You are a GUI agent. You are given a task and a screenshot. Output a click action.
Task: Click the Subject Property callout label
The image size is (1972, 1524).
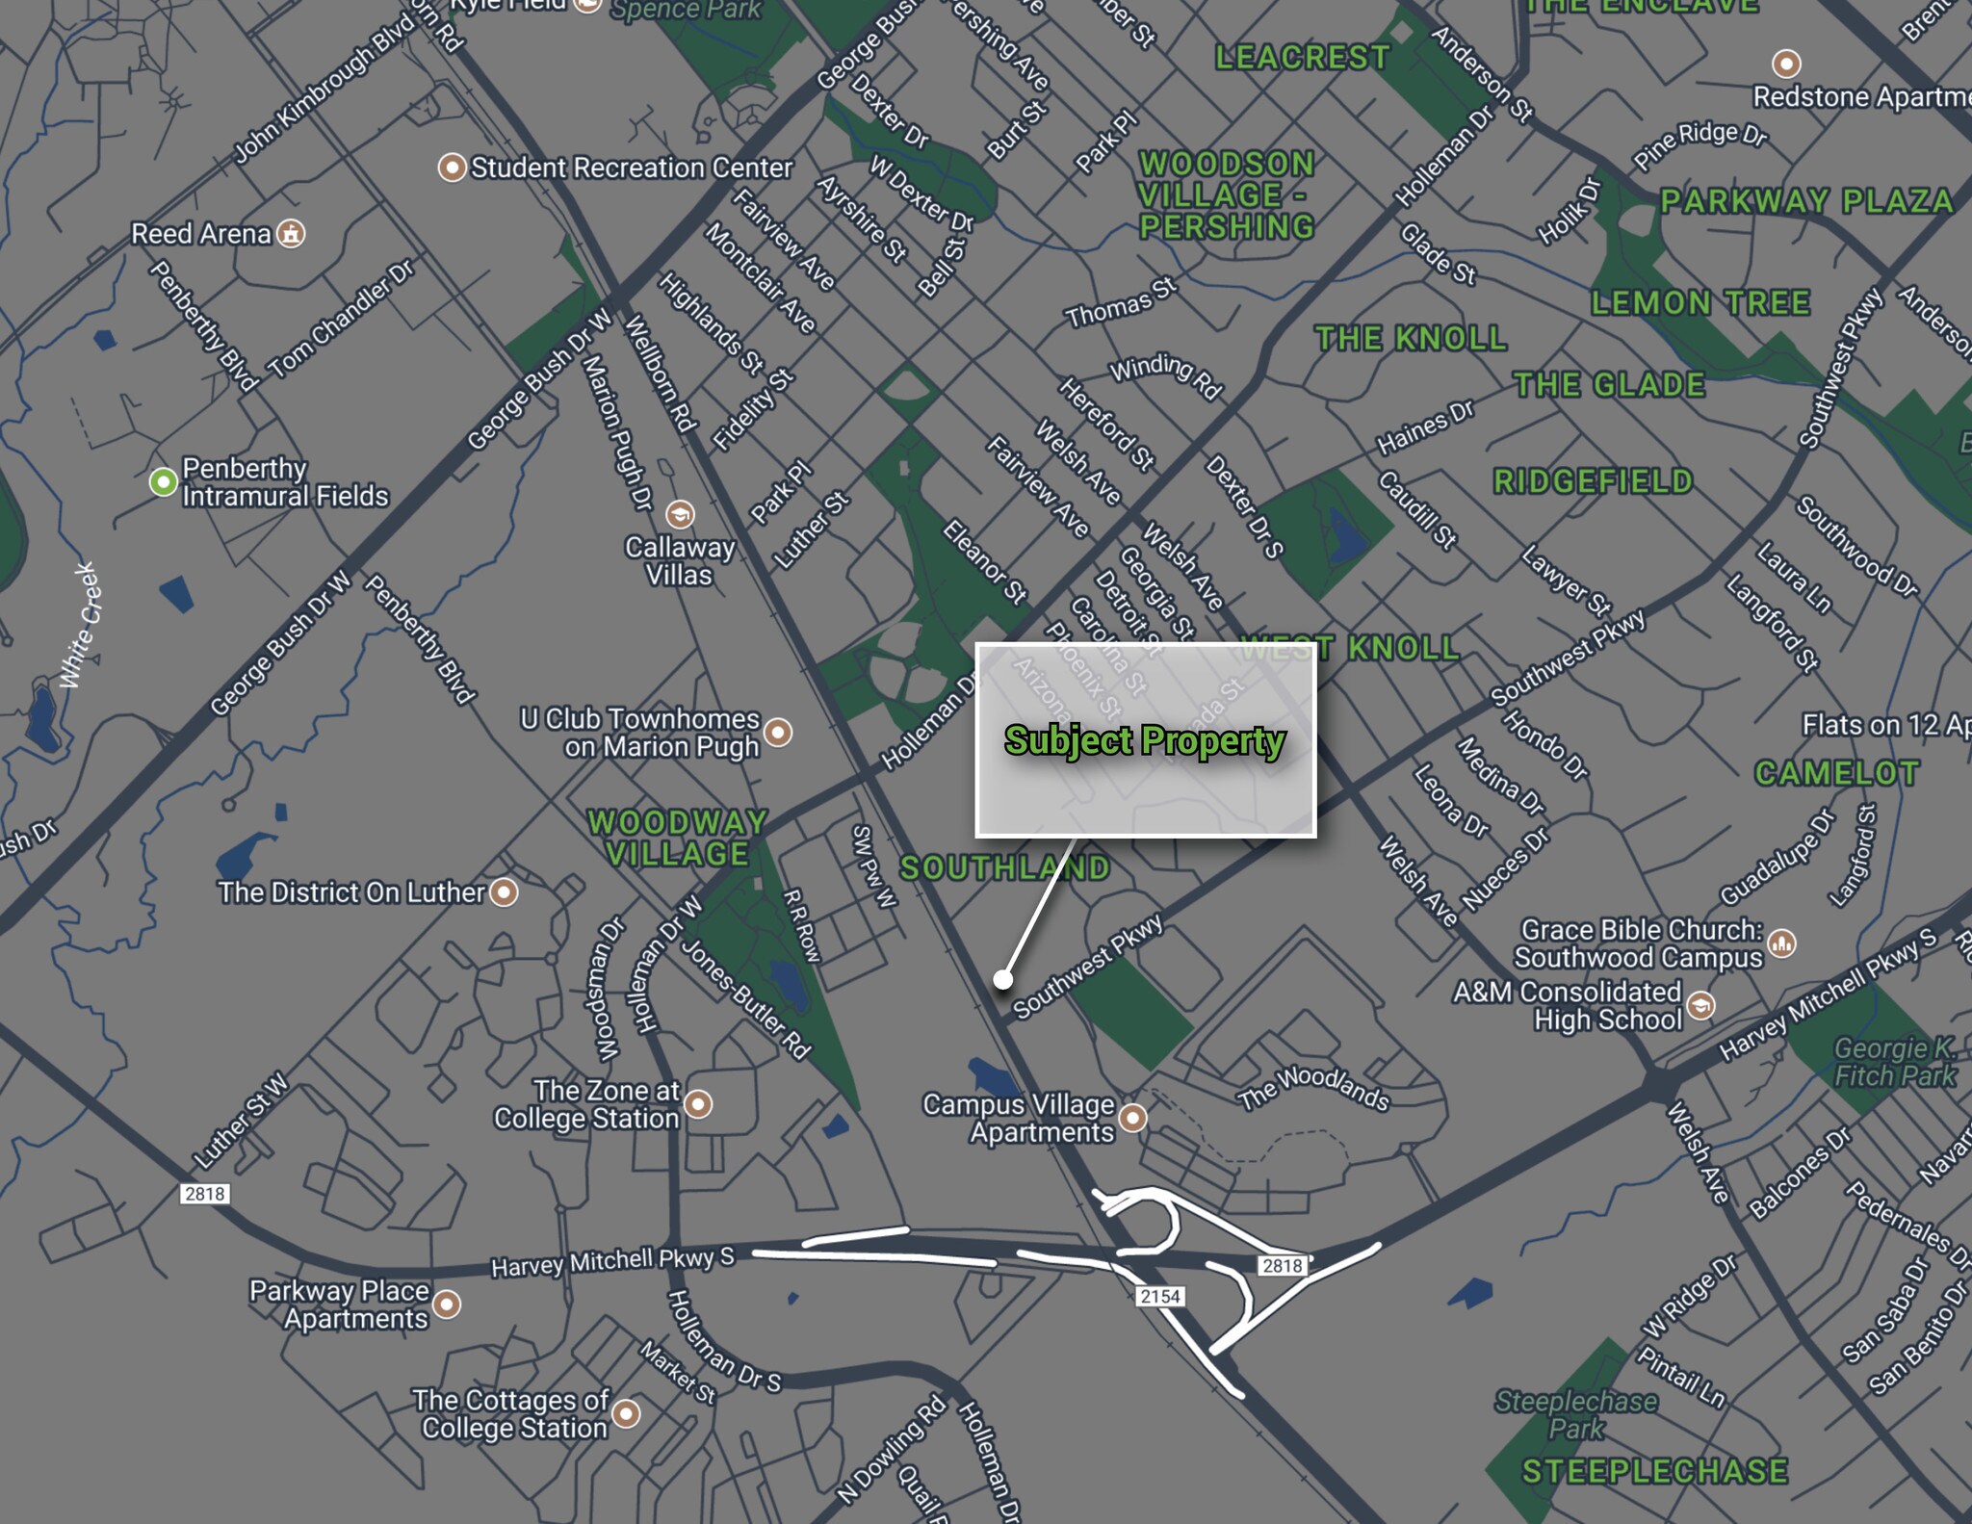click(1145, 740)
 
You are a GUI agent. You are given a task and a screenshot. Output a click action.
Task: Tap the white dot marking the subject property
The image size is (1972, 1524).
click(1003, 979)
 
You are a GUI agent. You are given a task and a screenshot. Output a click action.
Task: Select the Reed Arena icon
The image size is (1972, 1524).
click(291, 233)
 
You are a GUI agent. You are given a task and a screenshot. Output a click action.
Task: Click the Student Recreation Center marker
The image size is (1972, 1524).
click(452, 168)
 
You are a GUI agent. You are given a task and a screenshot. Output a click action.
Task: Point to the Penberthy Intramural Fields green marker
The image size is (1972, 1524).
click(164, 480)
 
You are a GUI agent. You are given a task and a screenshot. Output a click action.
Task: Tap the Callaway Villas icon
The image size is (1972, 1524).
click(680, 514)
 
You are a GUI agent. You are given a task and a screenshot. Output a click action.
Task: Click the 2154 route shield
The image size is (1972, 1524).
click(1159, 1296)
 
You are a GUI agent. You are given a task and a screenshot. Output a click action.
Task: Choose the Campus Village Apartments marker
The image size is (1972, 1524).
click(1133, 1118)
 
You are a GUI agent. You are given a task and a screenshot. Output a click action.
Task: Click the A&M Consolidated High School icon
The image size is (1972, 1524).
click(1701, 1006)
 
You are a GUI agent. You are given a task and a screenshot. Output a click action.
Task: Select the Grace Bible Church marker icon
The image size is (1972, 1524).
click(1782, 943)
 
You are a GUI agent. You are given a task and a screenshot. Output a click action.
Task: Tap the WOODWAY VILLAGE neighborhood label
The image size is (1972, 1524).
click(678, 838)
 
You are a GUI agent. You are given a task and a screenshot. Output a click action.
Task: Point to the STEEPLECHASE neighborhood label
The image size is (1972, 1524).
click(1654, 1471)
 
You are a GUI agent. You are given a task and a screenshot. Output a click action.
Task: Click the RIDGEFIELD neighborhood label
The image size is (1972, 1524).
click(1593, 481)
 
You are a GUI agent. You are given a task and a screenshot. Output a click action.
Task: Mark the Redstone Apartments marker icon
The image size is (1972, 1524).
click(1786, 64)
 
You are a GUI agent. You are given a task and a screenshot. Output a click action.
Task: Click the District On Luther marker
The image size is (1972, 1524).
click(504, 892)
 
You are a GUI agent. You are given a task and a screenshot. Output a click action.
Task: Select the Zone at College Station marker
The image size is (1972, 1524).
click(698, 1103)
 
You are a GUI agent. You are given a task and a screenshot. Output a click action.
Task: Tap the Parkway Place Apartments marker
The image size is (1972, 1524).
click(447, 1304)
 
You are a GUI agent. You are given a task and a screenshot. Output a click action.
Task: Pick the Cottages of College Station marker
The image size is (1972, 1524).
click(627, 1413)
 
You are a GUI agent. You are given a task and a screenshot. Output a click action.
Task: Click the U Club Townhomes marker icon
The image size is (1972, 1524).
click(778, 733)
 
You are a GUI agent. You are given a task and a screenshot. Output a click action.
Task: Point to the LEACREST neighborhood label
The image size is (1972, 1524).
click(1302, 58)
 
